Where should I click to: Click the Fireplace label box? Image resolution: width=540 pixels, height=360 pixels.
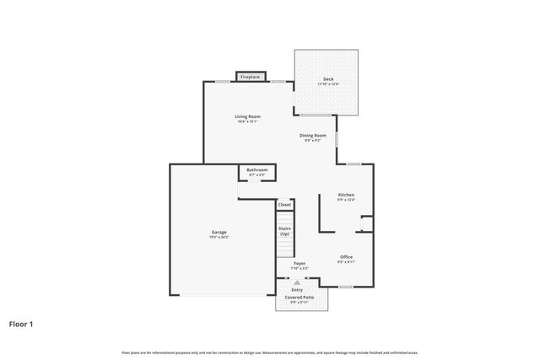[250, 77]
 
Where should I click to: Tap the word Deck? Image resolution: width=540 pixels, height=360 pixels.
[327, 79]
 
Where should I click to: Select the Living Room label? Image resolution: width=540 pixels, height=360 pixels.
[247, 116]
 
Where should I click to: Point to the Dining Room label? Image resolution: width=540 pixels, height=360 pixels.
[312, 135]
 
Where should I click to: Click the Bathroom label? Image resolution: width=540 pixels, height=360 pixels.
[257, 170]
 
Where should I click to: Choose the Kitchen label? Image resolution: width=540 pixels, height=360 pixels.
[346, 195]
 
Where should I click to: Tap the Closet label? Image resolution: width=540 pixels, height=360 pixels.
[285, 204]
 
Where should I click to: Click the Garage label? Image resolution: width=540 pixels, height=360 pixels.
[219, 232]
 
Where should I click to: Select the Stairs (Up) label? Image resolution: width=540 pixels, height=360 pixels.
[285, 230]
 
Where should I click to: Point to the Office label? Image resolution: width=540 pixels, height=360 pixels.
[346, 256]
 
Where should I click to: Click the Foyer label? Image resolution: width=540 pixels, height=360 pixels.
[300, 264]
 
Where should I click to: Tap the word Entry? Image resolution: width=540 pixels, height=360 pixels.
[297, 290]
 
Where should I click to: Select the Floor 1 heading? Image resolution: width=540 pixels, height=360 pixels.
[22, 323]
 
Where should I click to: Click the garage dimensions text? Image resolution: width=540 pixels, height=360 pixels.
[219, 238]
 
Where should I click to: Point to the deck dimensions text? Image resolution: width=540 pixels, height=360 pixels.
[327, 84]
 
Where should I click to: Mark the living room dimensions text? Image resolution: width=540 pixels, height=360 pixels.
[247, 121]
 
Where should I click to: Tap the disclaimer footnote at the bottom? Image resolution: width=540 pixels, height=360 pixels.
[270, 352]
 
